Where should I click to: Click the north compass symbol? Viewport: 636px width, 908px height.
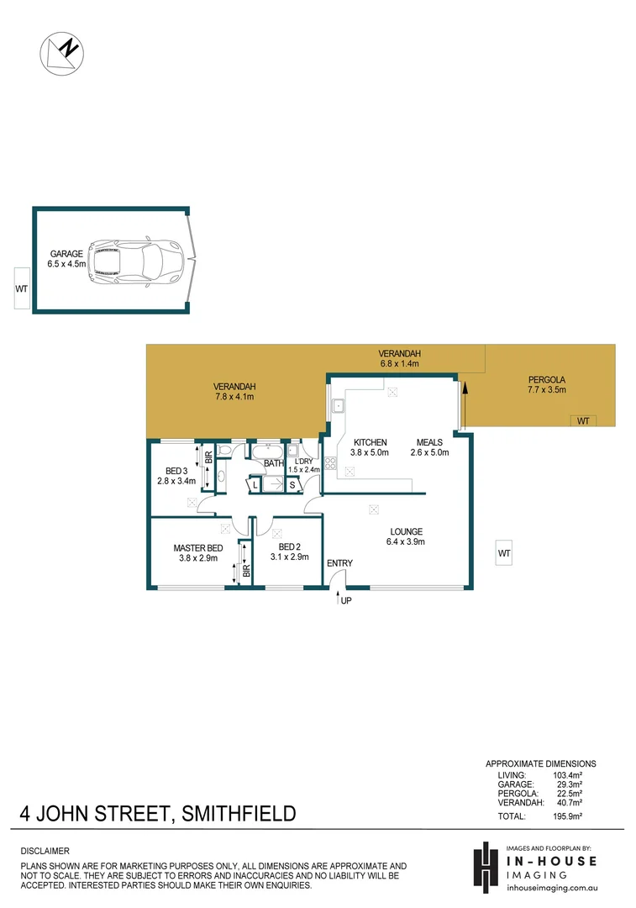click(x=61, y=53)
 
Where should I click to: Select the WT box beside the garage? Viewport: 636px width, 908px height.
click(x=21, y=288)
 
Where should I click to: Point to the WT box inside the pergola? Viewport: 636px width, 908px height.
click(x=582, y=420)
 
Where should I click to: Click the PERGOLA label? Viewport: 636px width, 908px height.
click(x=546, y=378)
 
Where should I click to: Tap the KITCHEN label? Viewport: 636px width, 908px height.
click(x=370, y=442)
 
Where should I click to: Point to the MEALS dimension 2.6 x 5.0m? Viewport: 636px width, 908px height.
click(x=429, y=452)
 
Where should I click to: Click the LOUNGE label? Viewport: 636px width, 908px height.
click(x=406, y=531)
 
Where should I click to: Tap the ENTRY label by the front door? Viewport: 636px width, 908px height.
click(x=339, y=563)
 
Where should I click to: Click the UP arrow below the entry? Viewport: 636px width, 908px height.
click(x=340, y=600)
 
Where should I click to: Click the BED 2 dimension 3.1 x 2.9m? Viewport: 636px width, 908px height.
click(x=288, y=557)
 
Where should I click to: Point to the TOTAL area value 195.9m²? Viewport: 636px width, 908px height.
click(x=568, y=816)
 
